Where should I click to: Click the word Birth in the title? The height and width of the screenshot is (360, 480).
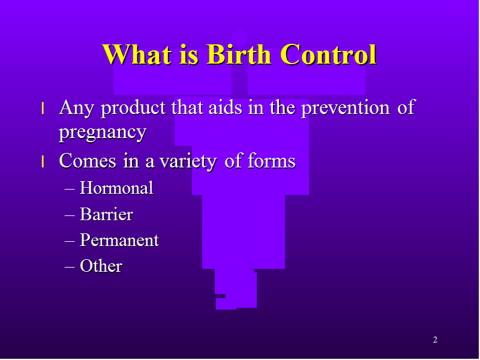tap(239, 54)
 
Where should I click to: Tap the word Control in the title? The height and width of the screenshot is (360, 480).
tap(328, 54)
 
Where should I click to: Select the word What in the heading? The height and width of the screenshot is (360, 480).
tap(137, 54)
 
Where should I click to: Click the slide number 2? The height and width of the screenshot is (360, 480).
tap(435, 340)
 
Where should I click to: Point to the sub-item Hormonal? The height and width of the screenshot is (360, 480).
tap(116, 188)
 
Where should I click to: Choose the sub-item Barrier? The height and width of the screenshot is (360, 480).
tap(106, 214)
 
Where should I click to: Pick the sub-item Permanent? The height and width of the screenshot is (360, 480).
tap(119, 240)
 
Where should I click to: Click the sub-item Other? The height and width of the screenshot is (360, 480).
tap(101, 266)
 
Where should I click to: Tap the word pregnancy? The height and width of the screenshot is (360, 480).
tap(103, 133)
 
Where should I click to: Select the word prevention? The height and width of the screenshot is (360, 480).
tap(346, 107)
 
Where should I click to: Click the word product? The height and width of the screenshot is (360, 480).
tap(133, 107)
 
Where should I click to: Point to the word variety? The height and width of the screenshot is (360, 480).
tap(188, 161)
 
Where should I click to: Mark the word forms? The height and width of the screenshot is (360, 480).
tap(271, 160)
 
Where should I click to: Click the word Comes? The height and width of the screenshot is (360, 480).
tap(88, 160)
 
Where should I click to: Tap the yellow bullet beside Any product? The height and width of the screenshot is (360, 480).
tap(43, 108)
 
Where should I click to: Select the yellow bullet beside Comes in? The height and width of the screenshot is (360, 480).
tap(43, 161)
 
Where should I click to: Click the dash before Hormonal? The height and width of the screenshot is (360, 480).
tap(70, 189)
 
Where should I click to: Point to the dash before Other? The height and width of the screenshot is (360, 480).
tap(70, 267)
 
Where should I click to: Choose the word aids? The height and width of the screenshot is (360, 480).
tap(225, 107)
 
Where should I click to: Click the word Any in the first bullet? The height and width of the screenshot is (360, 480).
tap(76, 108)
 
